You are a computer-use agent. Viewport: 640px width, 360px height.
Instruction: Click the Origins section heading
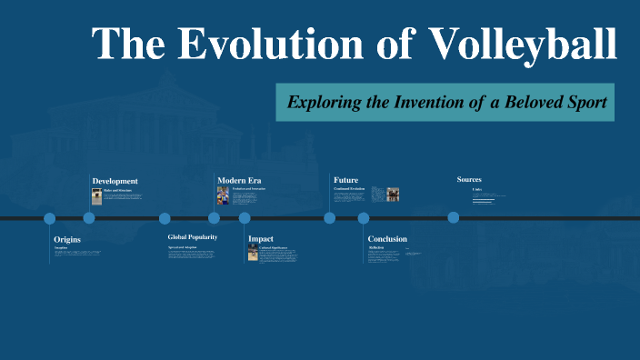67,239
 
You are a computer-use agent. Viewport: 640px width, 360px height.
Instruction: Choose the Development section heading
115,181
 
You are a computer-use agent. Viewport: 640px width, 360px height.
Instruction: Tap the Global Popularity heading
192,237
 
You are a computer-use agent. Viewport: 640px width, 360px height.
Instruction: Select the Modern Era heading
239,180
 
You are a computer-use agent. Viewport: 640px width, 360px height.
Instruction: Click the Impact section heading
261,239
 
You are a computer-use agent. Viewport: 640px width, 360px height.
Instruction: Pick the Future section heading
345,180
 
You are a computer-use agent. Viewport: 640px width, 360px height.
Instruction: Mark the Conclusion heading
387,239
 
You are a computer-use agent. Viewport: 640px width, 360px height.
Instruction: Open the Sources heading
469,180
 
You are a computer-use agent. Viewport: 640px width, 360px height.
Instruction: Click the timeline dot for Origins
50,218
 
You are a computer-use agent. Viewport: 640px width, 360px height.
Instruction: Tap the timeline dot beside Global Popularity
165,218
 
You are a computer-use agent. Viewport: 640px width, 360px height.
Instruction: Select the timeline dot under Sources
453,218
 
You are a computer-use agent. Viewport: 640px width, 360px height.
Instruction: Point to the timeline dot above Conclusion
364,218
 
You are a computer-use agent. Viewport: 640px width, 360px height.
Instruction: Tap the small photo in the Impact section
254,253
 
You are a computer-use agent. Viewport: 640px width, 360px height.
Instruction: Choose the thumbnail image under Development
97,195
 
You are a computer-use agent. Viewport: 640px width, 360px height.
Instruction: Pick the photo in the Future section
393,194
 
